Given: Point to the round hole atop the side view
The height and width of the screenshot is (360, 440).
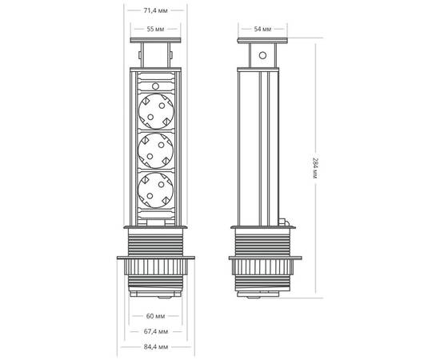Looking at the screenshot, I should [x=262, y=58].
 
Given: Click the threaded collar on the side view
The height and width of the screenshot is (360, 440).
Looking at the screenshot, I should [x=262, y=240].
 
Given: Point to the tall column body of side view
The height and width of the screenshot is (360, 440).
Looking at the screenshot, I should [x=262, y=144].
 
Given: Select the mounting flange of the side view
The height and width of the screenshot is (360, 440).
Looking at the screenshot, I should [x=262, y=258].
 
